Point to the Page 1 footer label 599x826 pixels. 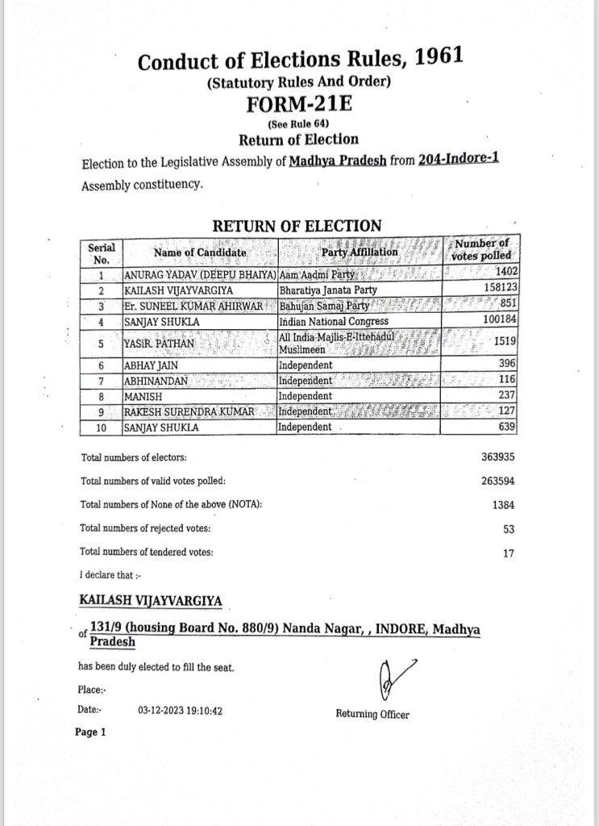(x=90, y=732)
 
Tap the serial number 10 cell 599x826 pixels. (x=101, y=428)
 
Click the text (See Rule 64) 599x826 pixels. (x=299, y=123)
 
